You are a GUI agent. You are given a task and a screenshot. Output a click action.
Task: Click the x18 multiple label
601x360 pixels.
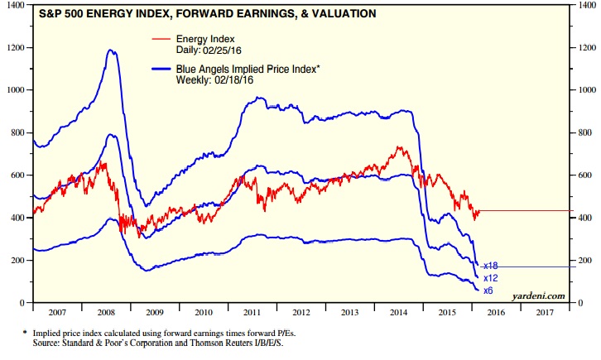pyautogui.click(x=490, y=265)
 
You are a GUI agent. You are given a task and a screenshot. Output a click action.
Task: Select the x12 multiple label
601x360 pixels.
pyautogui.click(x=490, y=279)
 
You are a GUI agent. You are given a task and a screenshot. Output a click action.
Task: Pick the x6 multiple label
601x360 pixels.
pyautogui.click(x=488, y=291)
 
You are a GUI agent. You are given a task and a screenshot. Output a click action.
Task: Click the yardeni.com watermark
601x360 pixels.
pyautogui.click(x=539, y=295)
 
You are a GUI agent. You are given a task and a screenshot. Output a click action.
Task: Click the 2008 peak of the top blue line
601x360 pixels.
pyautogui.click(x=110, y=50)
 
